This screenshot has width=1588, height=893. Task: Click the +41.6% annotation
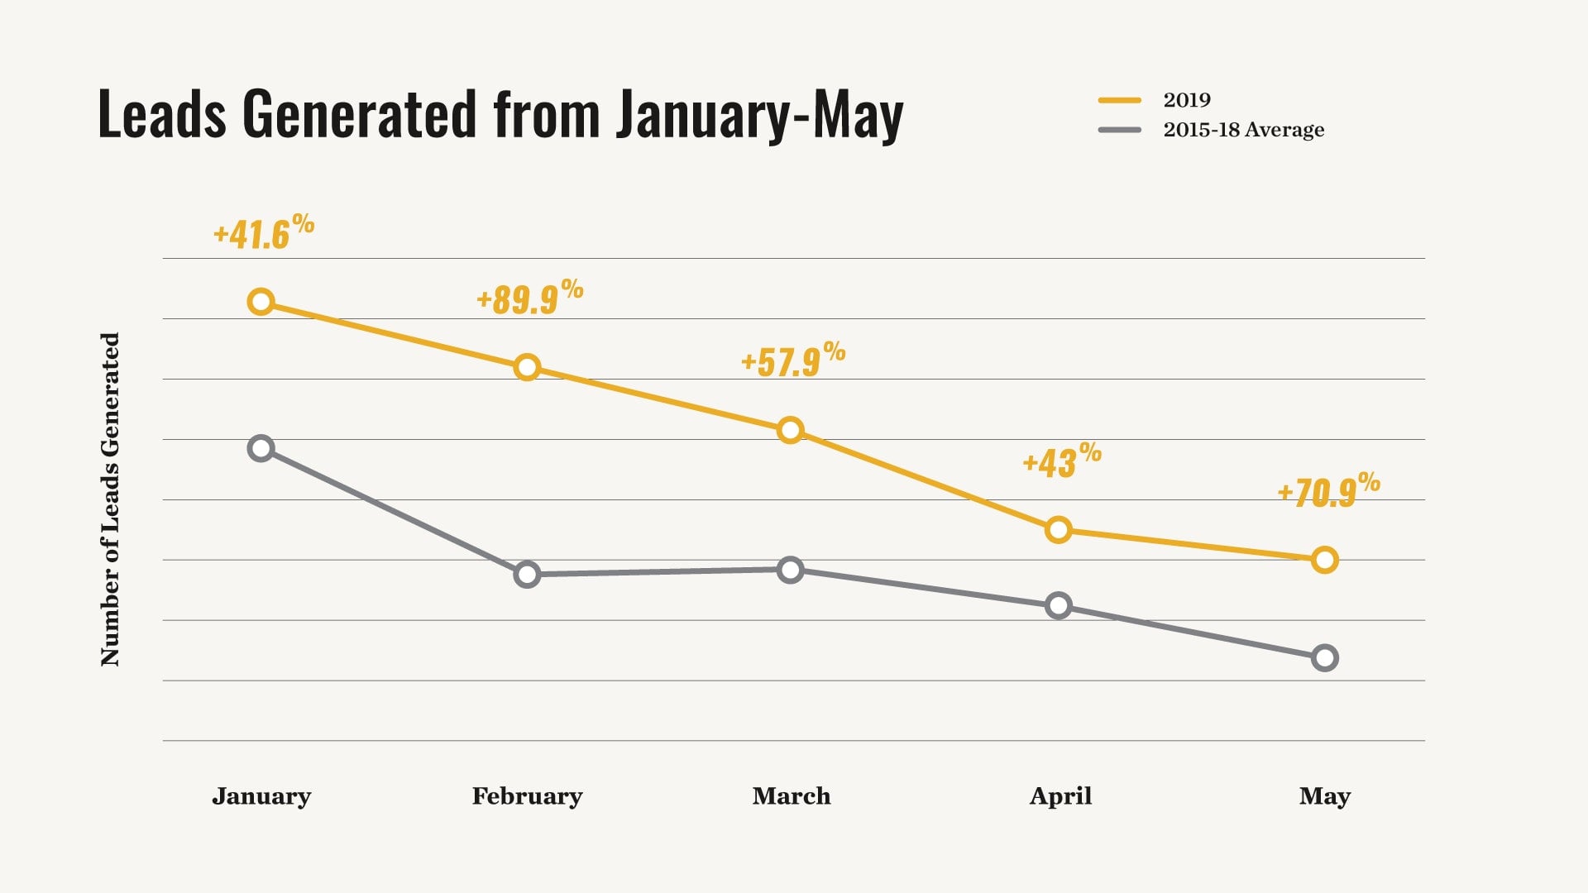[x=264, y=232]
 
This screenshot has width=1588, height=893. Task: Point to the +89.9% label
[x=530, y=297]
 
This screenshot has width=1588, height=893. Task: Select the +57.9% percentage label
[x=793, y=360]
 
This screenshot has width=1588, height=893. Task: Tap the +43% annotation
[x=1062, y=461]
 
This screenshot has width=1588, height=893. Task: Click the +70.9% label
[x=1328, y=490]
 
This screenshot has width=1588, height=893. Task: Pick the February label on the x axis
[x=528, y=795]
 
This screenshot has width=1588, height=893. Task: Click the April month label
[x=1060, y=796]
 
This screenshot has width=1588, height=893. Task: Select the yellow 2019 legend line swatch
[x=1120, y=100]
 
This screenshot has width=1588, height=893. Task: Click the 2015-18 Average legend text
[x=1244, y=130]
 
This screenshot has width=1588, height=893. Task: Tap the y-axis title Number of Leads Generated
[x=110, y=499]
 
